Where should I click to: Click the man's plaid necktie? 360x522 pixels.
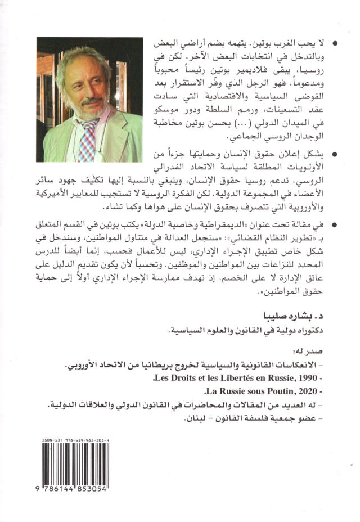89,139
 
